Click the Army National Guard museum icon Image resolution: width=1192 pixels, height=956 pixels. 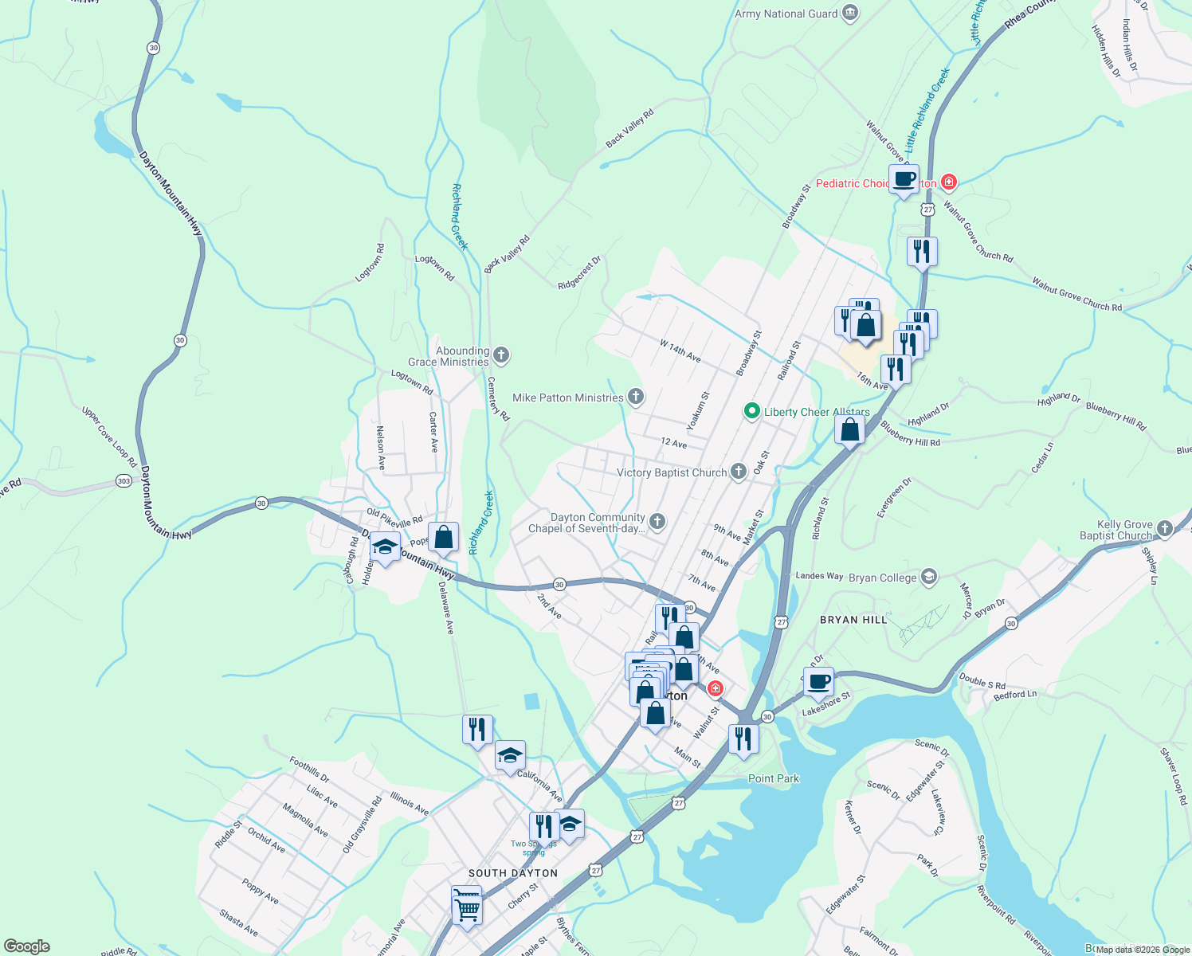[850, 13]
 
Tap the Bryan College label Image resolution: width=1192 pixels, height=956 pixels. [882, 578]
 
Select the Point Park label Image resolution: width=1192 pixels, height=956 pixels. [773, 778]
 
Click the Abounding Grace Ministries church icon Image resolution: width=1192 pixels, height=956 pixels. [501, 355]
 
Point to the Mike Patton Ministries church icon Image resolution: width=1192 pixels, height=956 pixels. [636, 396]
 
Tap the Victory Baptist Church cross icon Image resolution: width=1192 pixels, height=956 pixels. [739, 472]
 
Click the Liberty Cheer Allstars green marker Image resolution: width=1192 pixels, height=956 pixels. [751, 411]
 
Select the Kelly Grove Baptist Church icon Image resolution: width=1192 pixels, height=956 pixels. [1165, 528]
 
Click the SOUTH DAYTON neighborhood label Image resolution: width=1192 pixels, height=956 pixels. [512, 873]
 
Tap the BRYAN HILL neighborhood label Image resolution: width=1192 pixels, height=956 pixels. [853, 619]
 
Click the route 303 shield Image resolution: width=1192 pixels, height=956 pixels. [124, 481]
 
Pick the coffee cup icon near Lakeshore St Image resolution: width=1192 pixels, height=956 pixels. [818, 682]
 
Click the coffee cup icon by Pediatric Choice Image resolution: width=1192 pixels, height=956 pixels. [904, 179]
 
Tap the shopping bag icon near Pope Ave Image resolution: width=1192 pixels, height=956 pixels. [443, 538]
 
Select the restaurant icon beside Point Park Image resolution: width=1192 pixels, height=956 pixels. [743, 739]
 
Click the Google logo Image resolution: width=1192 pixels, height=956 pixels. [26, 946]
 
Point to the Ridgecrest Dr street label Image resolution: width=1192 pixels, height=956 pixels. [579, 273]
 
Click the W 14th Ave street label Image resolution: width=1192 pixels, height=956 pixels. [680, 351]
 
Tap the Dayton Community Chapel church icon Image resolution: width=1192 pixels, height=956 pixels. [657, 522]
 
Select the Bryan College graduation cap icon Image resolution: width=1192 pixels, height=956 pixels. [927, 577]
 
